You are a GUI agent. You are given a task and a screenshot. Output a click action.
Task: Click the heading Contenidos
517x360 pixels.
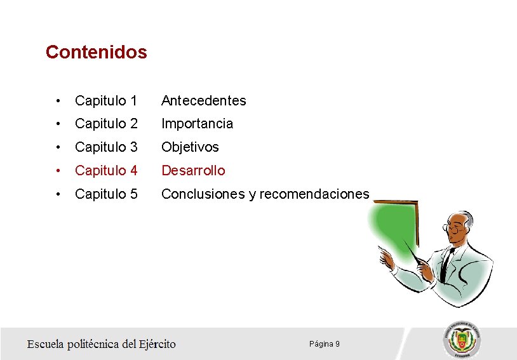(x=96, y=52)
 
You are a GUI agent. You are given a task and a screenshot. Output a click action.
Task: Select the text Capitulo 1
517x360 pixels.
(x=105, y=100)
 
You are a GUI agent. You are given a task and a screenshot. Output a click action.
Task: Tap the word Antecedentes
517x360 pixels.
(x=203, y=100)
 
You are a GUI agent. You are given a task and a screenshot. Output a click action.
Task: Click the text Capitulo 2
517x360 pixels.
(x=105, y=124)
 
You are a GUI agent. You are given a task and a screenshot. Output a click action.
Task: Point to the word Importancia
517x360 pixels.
(x=197, y=124)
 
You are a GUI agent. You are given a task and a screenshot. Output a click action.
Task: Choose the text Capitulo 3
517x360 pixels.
(x=105, y=147)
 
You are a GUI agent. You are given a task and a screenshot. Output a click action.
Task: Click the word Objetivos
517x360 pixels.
(x=190, y=147)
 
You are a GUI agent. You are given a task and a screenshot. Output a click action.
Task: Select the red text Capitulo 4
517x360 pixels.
(x=105, y=171)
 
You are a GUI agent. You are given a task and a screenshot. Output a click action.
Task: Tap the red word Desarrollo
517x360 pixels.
(x=193, y=171)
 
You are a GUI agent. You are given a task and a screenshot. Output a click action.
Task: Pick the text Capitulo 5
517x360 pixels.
(x=105, y=194)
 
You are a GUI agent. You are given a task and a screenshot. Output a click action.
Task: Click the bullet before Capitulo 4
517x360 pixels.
(x=58, y=171)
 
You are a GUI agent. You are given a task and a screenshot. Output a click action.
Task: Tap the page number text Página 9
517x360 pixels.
(x=324, y=344)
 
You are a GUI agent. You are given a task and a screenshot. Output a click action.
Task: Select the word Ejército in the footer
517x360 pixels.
(x=159, y=344)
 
